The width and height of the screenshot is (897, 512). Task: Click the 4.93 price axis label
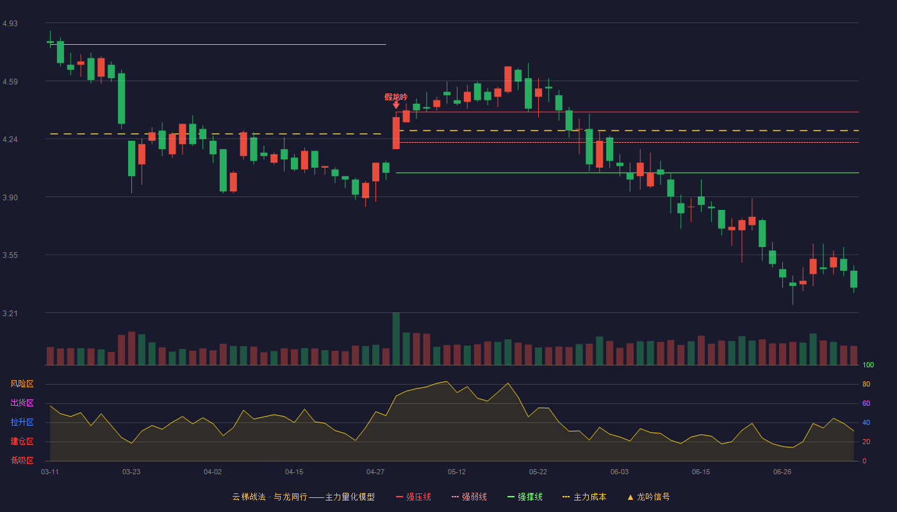(x=10, y=24)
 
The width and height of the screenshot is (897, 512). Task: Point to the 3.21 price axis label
(x=10, y=313)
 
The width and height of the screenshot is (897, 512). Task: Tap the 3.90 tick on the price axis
(x=10, y=198)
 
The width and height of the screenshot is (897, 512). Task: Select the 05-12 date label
(x=456, y=472)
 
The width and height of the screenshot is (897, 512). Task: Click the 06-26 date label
(x=782, y=472)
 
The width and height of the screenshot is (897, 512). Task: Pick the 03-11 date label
(x=50, y=472)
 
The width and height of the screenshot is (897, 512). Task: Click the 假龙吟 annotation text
(x=396, y=97)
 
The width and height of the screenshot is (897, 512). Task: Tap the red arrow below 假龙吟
(x=396, y=105)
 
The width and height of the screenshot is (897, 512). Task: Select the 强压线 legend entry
(x=414, y=497)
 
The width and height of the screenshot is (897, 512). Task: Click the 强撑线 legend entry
(x=525, y=497)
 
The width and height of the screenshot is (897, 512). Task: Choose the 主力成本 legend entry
(x=584, y=497)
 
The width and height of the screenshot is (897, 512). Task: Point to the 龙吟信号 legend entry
(x=648, y=497)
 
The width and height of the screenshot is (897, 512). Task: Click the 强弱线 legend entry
(x=469, y=497)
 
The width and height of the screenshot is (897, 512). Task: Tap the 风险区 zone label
(x=22, y=384)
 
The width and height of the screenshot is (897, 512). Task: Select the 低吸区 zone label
(x=22, y=461)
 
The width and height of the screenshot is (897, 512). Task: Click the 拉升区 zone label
(x=22, y=422)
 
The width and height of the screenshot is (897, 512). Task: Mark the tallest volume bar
(x=396, y=339)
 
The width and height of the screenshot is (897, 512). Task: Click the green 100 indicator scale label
(x=868, y=365)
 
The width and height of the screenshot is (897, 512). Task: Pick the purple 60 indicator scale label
(x=866, y=403)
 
